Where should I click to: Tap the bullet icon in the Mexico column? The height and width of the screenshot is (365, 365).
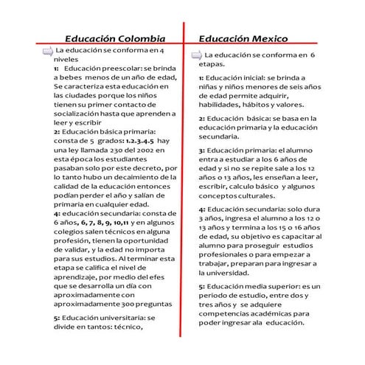pos(196,56)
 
